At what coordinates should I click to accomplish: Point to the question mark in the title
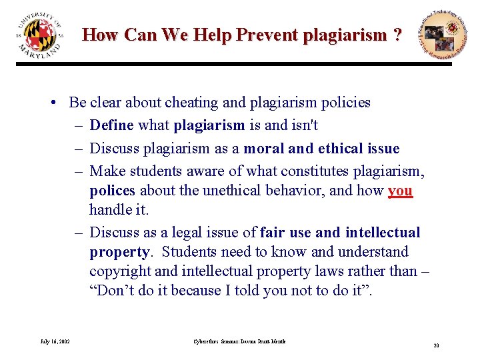click(398, 35)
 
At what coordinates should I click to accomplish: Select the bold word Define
click(111, 125)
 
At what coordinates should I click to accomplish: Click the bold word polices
click(112, 190)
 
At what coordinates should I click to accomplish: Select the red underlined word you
click(400, 190)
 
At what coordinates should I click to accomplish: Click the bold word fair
click(273, 232)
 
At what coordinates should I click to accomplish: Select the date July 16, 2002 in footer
click(55, 342)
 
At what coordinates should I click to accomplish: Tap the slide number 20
click(435, 345)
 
